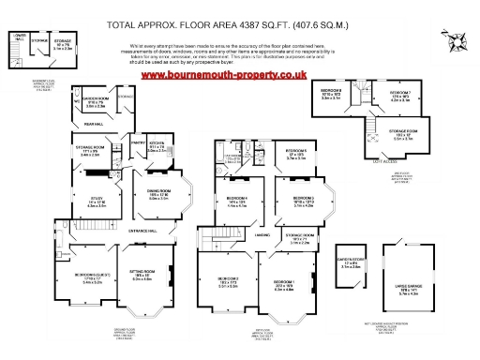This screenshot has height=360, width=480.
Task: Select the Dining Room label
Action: [157, 191]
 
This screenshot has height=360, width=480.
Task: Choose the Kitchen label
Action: [157, 142]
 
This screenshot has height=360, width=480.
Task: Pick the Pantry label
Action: [138, 142]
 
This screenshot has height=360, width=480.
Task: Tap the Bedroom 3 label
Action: [301, 198]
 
